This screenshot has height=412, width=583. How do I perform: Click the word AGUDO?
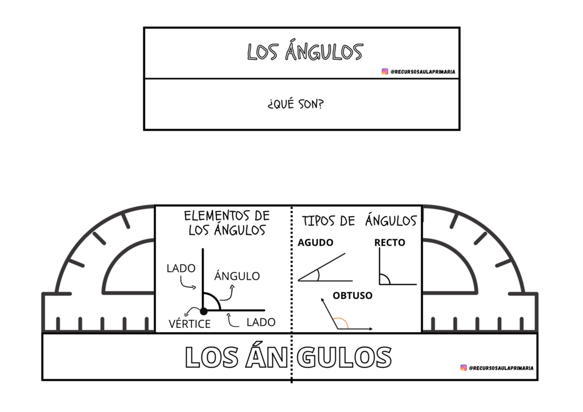tap(315, 243)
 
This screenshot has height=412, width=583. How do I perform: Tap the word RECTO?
tap(390, 243)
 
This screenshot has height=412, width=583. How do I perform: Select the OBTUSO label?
tap(352, 296)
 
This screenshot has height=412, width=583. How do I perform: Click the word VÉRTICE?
tap(190, 324)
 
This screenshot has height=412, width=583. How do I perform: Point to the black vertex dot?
tap(204, 311)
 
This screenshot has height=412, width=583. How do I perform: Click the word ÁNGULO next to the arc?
tap(237, 276)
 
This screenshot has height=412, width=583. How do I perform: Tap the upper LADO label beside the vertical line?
tap(181, 268)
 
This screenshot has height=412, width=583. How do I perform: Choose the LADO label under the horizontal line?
tap(260, 322)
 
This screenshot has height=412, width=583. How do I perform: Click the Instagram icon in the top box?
tap(385, 72)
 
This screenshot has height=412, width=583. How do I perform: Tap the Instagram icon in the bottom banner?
tap(463, 367)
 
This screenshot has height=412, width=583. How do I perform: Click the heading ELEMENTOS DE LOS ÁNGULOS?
tap(227, 223)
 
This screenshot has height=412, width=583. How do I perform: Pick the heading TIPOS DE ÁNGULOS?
tap(359, 221)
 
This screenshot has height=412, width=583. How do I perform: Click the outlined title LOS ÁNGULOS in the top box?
tap(305, 52)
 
